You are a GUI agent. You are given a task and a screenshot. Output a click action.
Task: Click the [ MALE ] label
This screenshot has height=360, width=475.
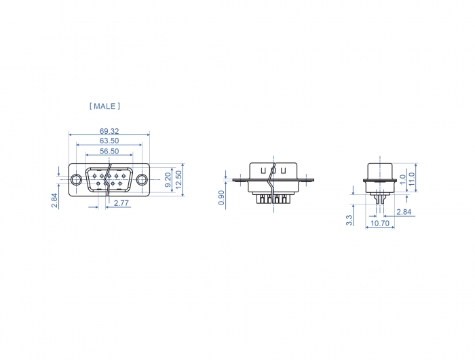tap(104, 106)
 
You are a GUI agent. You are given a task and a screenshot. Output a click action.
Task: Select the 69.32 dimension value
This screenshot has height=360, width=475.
tap(109, 131)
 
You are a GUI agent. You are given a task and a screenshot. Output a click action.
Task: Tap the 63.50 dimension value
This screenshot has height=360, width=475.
tap(109, 141)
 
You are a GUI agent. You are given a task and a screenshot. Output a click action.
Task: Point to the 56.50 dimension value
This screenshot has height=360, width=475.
tap(109, 151)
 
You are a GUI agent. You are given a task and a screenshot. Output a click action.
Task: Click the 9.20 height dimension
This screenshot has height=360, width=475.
tap(168, 180)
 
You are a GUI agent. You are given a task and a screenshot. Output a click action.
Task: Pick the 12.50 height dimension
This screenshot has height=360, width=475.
tap(178, 179)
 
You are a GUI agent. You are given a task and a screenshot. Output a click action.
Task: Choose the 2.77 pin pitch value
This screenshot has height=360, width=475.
tap(121, 203)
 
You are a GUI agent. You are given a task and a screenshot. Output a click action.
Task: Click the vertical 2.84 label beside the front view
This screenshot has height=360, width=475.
tap(54, 200)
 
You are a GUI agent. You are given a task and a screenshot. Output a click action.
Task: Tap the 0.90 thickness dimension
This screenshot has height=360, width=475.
tap(221, 198)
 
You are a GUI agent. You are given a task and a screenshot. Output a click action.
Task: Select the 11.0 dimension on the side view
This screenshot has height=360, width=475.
tap(411, 179)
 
